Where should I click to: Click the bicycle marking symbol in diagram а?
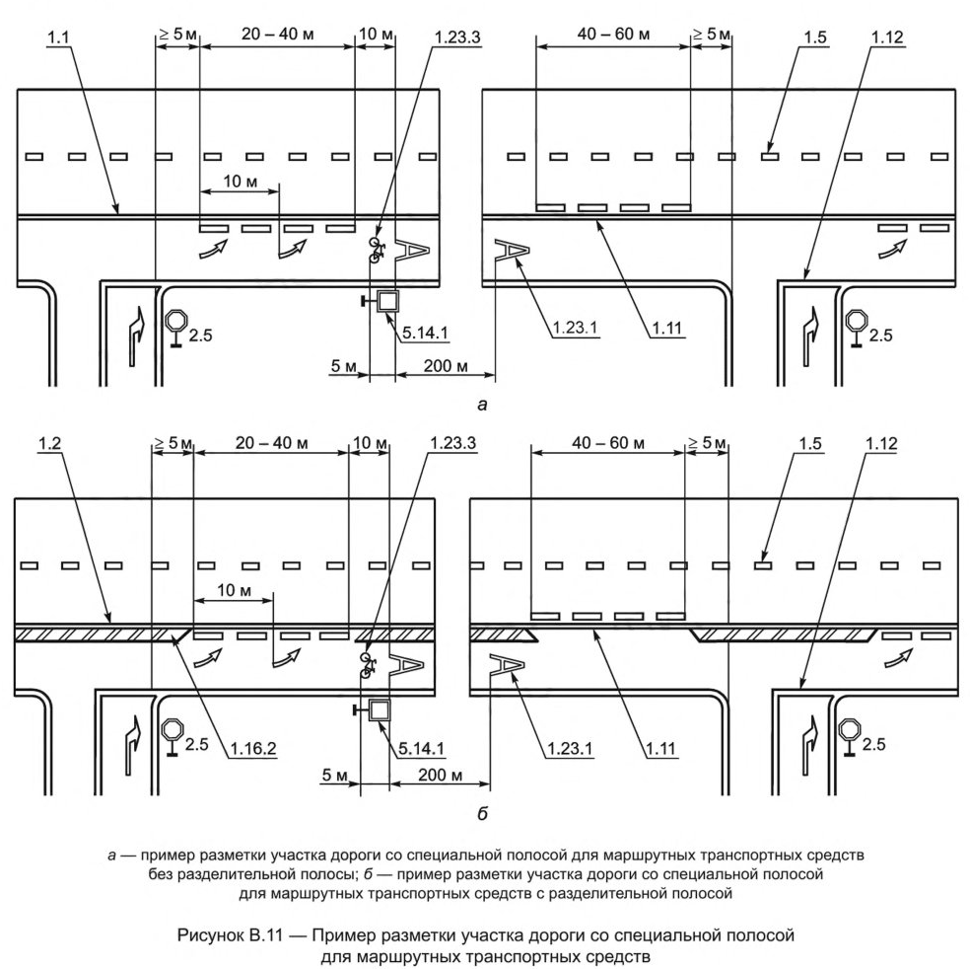tap(376, 248)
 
